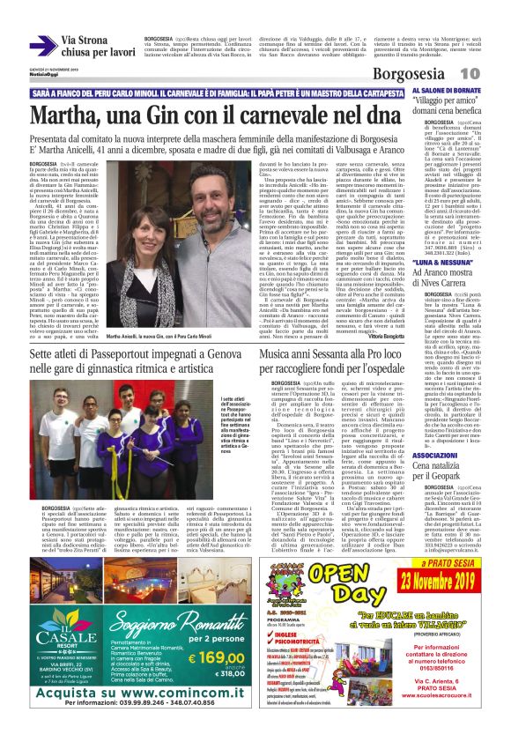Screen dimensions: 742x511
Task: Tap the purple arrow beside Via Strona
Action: (43, 46)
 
